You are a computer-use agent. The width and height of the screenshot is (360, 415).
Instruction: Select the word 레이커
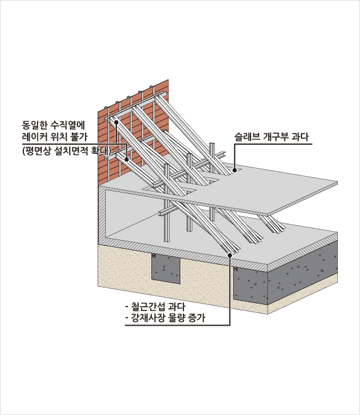coord(35,137)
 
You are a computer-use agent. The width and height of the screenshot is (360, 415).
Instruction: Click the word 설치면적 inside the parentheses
coord(71,151)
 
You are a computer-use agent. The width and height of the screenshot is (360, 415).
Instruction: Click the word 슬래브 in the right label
coord(247,137)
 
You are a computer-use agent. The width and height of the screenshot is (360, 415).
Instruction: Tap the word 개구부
coord(276,137)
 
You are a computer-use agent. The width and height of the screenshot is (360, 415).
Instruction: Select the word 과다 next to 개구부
coord(300,137)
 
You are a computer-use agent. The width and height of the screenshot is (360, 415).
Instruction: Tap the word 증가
coord(197,318)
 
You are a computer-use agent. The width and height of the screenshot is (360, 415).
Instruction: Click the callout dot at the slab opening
coord(234,171)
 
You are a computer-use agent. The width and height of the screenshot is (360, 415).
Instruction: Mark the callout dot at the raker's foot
coord(230,255)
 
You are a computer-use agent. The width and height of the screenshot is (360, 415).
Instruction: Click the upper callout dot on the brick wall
coord(116,123)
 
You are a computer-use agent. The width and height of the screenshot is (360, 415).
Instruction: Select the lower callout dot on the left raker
coord(127,159)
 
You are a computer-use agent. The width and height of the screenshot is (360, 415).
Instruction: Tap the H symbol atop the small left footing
coord(154,256)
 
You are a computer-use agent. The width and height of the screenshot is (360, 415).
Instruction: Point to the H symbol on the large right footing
coord(236,270)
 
